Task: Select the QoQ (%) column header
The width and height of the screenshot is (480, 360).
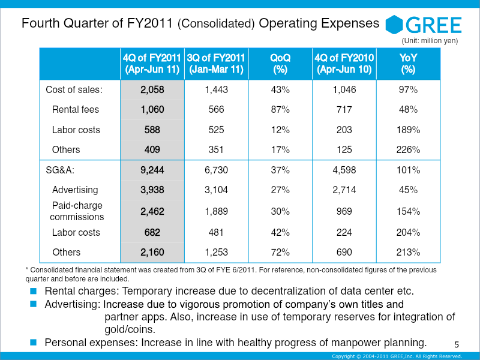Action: [280, 64]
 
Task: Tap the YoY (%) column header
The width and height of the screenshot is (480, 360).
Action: [408, 64]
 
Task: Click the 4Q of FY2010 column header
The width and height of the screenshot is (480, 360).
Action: [344, 64]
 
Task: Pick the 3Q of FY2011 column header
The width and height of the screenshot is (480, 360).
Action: [216, 64]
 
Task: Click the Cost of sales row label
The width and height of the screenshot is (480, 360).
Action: [74, 90]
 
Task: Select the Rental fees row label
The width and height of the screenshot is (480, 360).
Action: [76, 110]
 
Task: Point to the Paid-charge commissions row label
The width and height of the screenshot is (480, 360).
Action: [77, 211]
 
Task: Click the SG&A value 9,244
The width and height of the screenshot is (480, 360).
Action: [152, 170]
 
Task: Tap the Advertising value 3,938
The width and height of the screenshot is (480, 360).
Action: [152, 190]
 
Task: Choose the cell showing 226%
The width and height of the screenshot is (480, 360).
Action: [408, 149]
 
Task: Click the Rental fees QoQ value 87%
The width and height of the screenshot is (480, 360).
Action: [280, 110]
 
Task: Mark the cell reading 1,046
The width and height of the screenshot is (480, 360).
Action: [344, 90]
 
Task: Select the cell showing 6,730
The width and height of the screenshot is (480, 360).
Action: [216, 170]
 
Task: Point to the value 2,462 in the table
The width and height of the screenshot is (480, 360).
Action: [152, 211]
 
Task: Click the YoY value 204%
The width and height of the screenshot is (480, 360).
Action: [408, 232]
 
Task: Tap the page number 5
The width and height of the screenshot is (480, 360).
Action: [457, 344]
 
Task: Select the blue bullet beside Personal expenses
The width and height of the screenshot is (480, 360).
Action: [34, 343]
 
